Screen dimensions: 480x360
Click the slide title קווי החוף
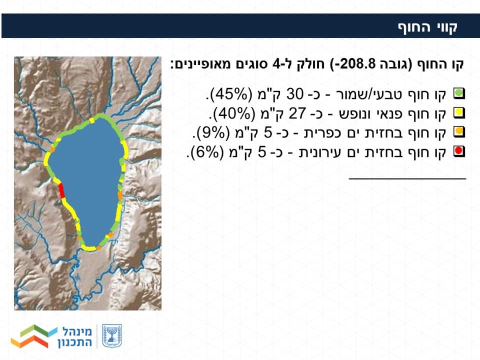[427, 26]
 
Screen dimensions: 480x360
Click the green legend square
[459, 93]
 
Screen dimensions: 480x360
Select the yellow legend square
[459, 113]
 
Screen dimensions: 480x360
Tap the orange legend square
[459, 132]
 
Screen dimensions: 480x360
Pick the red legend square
[459, 151]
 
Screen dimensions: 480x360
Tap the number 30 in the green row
[294, 94]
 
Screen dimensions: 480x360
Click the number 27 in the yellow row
[297, 113]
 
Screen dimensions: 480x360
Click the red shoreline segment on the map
[61, 190]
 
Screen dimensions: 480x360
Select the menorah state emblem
[111, 336]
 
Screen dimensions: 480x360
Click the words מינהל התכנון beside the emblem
[75, 336]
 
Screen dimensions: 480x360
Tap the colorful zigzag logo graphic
[33, 336]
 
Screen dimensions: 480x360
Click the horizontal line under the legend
[407, 178]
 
